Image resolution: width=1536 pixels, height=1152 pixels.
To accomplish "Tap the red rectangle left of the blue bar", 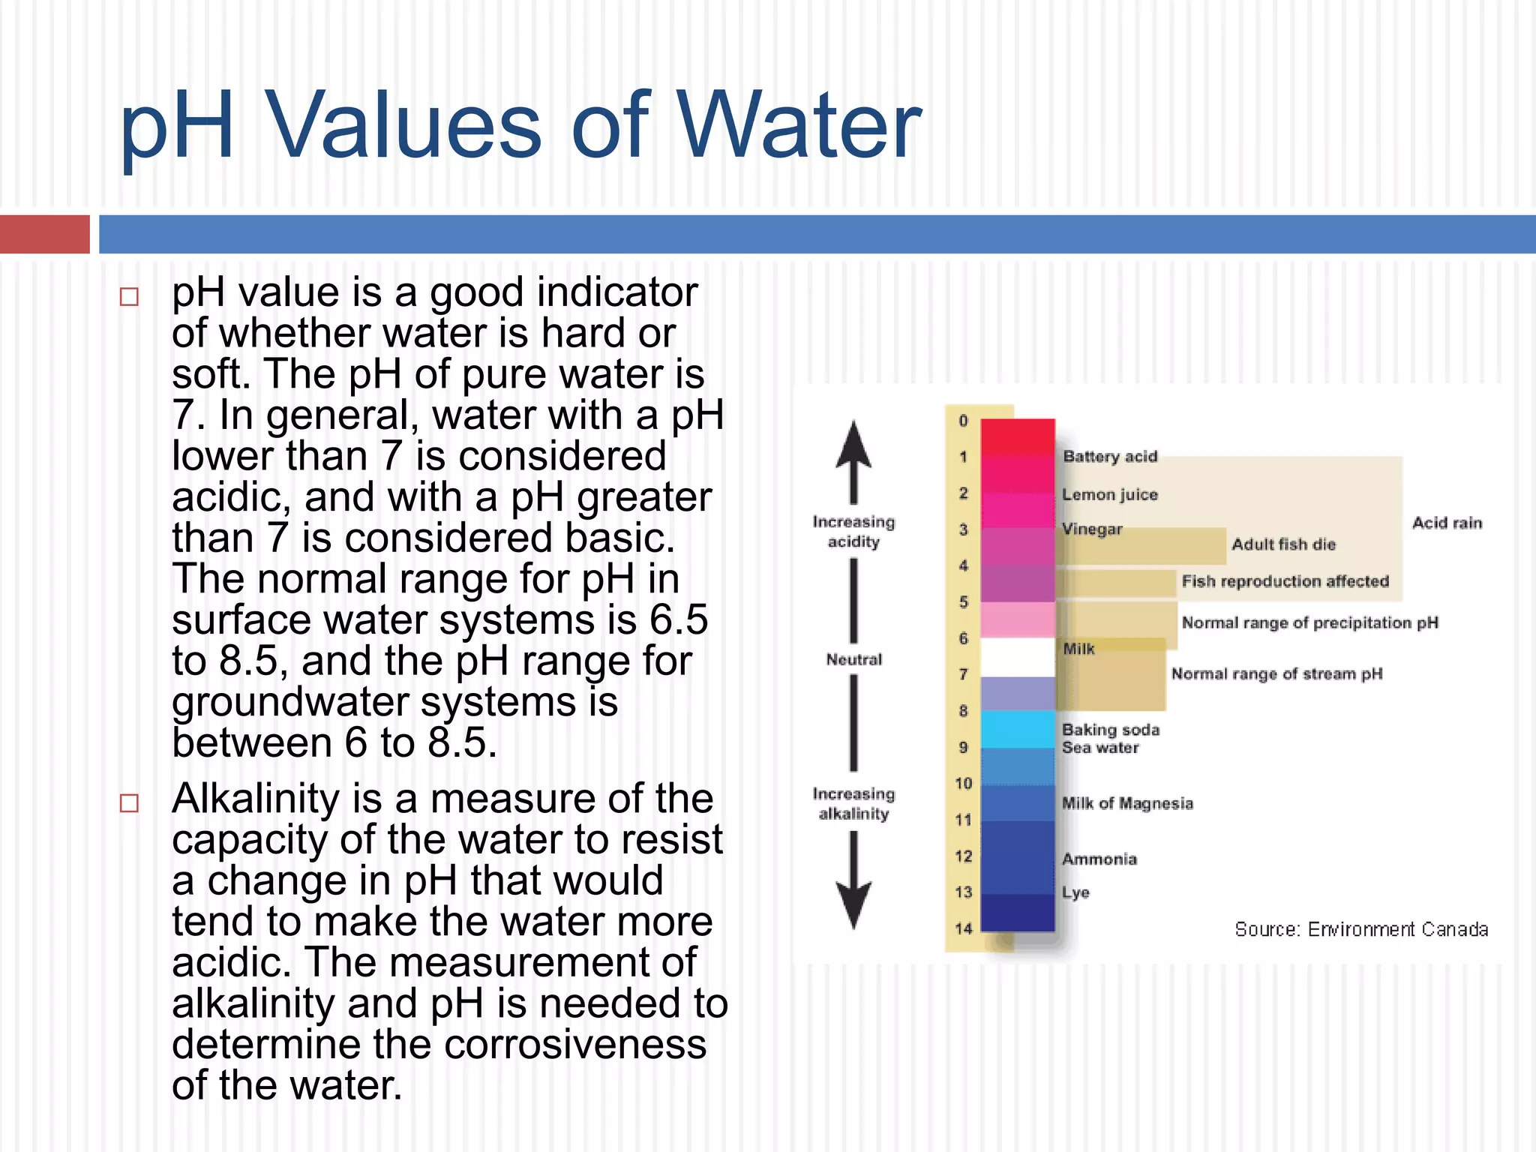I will (x=44, y=234).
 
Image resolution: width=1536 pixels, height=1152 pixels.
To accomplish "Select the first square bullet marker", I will (x=129, y=297).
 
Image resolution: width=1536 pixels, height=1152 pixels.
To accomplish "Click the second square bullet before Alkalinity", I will (x=129, y=803).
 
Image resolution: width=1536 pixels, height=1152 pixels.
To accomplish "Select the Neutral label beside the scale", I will (x=853, y=660).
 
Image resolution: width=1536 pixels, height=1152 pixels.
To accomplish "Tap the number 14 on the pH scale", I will (x=963, y=928).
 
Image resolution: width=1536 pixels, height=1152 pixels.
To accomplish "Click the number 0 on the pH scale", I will (x=963, y=421).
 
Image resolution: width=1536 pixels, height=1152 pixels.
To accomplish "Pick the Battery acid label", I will (x=1110, y=457).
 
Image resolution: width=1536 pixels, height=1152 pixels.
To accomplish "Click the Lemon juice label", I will (x=1110, y=495).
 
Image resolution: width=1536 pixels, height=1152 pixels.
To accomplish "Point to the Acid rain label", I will (x=1447, y=523).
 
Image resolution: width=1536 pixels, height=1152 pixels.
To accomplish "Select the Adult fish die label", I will (x=1283, y=544).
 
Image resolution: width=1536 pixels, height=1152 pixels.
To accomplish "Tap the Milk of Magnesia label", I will (x=1126, y=804).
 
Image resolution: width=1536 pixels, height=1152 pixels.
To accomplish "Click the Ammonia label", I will (x=1099, y=859).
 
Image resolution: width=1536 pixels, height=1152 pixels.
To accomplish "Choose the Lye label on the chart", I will (x=1075, y=892).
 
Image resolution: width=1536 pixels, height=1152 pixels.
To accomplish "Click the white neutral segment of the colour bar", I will (x=1018, y=657).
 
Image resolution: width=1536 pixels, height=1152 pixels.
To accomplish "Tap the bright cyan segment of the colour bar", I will (x=1018, y=729).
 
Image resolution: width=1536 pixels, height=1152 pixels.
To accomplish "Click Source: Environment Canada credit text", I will (x=1360, y=930).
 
